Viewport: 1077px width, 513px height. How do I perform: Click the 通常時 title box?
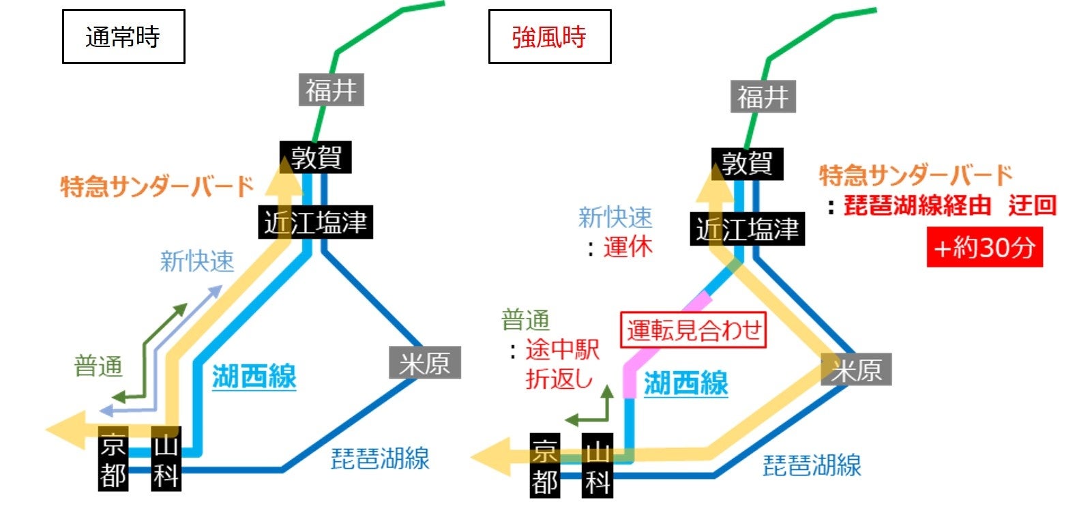(x=123, y=37)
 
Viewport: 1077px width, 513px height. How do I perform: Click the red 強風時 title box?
(x=550, y=37)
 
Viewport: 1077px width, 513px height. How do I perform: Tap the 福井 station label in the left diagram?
(x=331, y=90)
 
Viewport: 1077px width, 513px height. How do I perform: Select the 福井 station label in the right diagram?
(x=763, y=97)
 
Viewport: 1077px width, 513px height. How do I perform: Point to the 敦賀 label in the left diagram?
(x=316, y=158)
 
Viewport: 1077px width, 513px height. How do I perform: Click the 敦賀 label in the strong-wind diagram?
(x=747, y=164)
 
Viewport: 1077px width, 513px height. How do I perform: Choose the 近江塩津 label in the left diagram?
(x=315, y=222)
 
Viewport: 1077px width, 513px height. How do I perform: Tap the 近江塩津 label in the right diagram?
(x=747, y=229)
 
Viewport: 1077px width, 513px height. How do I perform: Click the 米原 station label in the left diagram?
(x=425, y=363)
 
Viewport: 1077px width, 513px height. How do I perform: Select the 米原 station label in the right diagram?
(x=856, y=370)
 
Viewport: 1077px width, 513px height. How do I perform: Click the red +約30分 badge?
(x=984, y=248)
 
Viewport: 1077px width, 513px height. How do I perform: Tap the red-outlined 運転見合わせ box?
(x=694, y=331)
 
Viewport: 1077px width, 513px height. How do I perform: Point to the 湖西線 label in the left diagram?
(x=254, y=377)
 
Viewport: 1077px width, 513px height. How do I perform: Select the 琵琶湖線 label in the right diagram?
(x=812, y=466)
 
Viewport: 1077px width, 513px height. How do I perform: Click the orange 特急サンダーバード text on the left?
(x=158, y=186)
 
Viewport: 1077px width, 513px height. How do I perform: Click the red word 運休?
(x=628, y=247)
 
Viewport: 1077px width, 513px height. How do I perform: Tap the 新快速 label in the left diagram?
(x=197, y=261)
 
